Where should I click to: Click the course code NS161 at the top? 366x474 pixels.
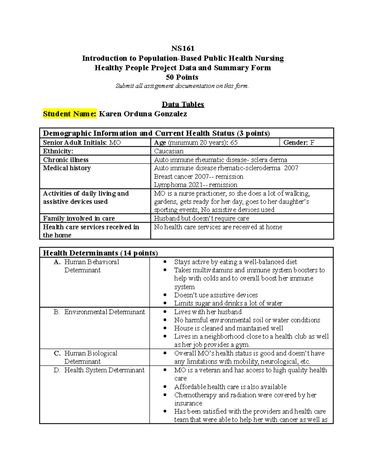tap(183, 49)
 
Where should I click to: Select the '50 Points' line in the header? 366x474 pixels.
tap(182, 77)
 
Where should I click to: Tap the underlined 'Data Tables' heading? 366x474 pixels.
tap(183, 104)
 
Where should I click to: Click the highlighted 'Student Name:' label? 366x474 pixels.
tap(70, 114)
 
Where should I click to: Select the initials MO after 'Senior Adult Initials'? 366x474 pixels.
tap(115, 143)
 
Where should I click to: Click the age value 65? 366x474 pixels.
tap(234, 143)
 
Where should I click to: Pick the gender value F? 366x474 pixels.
tap(312, 143)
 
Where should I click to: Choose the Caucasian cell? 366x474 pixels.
tap(169, 151)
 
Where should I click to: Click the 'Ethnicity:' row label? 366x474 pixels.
tap(58, 151)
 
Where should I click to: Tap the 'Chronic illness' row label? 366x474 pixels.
tap(66, 160)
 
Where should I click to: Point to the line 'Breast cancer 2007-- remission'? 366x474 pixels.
tap(199, 176)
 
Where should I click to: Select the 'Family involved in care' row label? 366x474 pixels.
tap(79, 218)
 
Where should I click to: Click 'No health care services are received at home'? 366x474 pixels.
tap(218, 227)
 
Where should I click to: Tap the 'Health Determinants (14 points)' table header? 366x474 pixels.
tap(100, 253)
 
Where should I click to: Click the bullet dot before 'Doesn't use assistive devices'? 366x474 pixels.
tap(165, 295)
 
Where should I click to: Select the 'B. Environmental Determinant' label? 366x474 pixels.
tap(99, 312)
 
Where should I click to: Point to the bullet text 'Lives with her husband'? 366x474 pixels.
tap(208, 312)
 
